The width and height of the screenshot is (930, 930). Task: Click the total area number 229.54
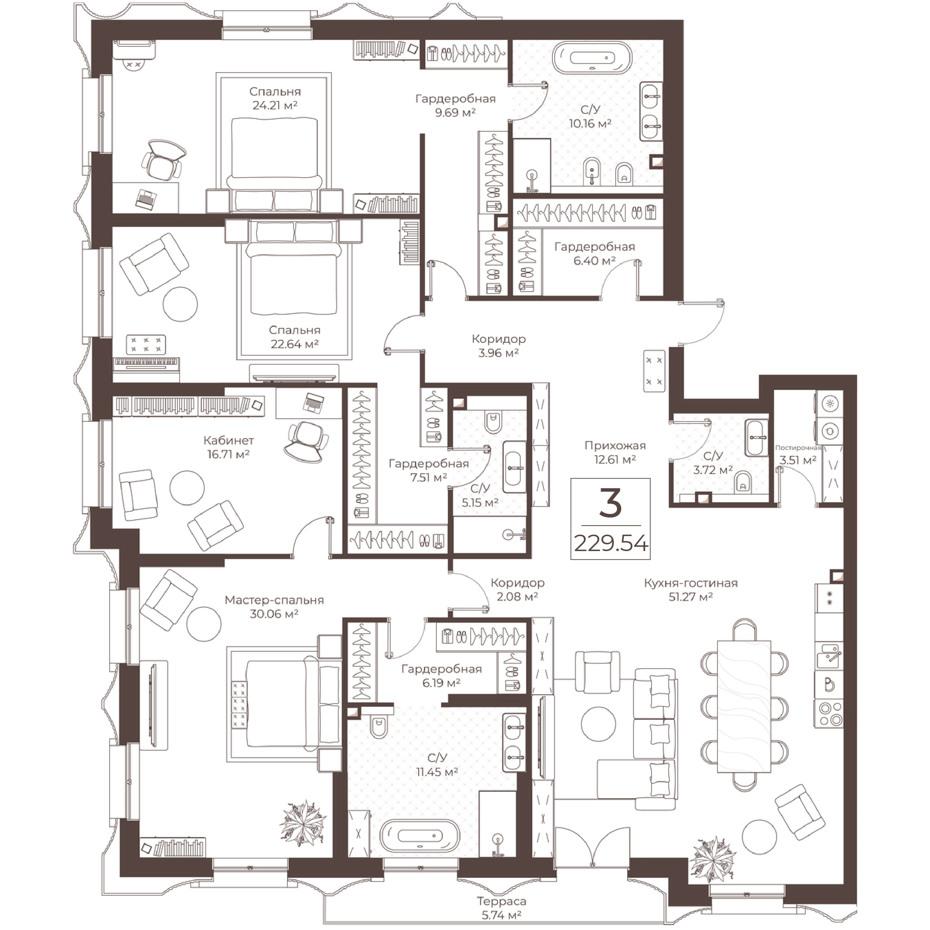pos(611,544)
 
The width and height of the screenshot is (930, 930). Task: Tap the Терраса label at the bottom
pos(501,901)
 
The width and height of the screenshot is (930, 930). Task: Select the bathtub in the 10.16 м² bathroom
pos(591,58)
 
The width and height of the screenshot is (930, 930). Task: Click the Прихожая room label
pos(615,445)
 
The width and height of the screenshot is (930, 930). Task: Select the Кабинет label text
pos(228,440)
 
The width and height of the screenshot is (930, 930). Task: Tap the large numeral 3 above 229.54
pos(610,502)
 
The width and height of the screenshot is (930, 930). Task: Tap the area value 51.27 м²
pos(691,597)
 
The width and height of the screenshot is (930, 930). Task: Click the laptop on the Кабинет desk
pos(313,402)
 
